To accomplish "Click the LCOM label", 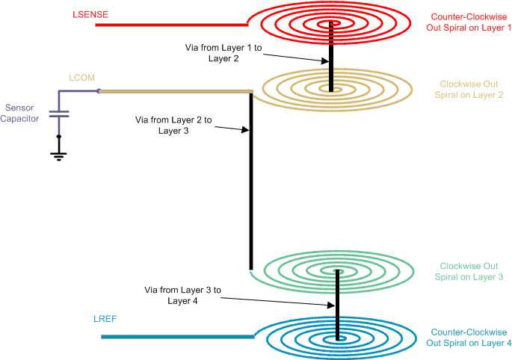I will click(x=81, y=78).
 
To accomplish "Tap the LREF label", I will click(x=105, y=319).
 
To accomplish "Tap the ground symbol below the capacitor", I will click(x=58, y=155).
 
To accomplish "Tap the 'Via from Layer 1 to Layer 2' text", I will click(x=212, y=52).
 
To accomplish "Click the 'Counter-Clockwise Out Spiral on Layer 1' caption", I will click(x=469, y=22).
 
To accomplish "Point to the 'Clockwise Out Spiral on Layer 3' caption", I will click(x=469, y=272).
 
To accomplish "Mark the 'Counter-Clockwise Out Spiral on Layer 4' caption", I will click(x=469, y=338).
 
